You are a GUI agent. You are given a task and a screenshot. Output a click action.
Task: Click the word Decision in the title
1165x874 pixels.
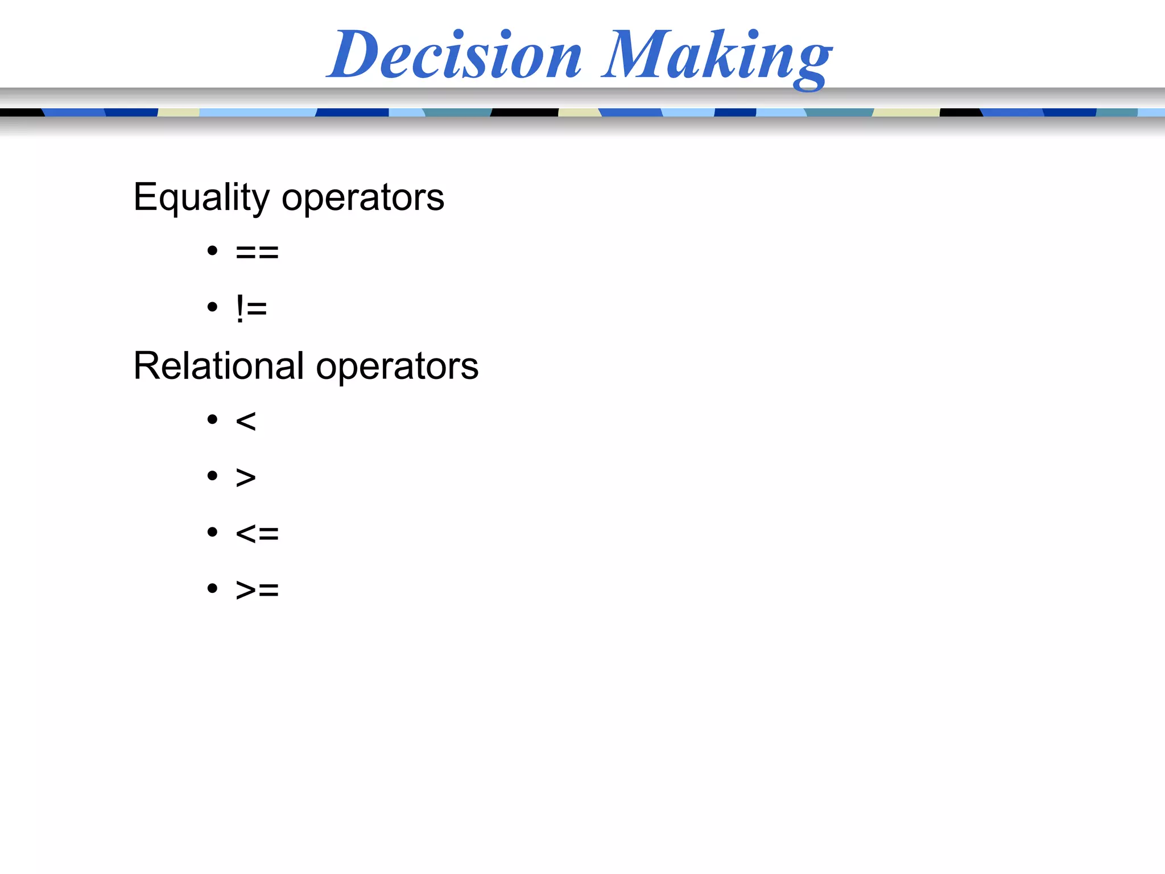455,55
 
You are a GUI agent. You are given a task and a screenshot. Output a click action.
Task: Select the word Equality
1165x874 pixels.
201,198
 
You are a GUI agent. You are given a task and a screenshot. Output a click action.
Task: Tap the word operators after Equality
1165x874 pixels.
363,198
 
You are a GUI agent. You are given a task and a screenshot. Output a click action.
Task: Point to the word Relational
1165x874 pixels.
218,366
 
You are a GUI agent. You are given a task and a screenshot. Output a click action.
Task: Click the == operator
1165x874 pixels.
257,252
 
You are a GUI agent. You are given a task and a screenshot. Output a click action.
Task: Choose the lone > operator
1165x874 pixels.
246,477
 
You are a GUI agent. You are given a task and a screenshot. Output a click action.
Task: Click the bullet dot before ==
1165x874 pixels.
213,250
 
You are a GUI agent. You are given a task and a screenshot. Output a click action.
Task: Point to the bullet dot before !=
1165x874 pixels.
213,307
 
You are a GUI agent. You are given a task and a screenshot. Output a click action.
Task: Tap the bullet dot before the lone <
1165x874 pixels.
213,420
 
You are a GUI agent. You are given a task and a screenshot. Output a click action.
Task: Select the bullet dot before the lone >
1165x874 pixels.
213,476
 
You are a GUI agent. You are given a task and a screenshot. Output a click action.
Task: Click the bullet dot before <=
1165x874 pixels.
213,532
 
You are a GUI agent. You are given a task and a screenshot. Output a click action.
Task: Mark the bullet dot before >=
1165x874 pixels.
213,588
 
